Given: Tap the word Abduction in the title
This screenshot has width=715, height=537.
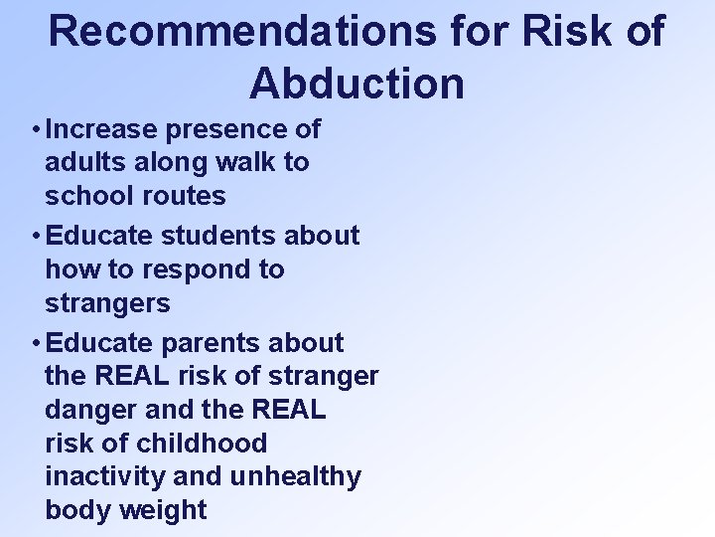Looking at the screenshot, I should [x=357, y=84].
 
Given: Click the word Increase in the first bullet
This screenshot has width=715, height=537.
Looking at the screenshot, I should [x=102, y=129].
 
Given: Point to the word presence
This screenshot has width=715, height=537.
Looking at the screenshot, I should [x=227, y=129].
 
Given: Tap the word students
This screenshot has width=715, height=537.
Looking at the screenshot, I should [x=219, y=236].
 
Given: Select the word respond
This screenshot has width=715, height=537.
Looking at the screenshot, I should [x=178, y=269].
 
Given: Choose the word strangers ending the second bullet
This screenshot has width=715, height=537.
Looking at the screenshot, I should [x=108, y=301].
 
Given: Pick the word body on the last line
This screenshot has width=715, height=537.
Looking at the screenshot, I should [x=75, y=510].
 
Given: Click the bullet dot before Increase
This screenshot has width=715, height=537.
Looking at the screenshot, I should [x=35, y=130].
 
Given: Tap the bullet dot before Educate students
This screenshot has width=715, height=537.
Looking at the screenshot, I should [x=35, y=237].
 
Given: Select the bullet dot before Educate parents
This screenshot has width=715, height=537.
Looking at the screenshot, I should [x=35, y=344].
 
